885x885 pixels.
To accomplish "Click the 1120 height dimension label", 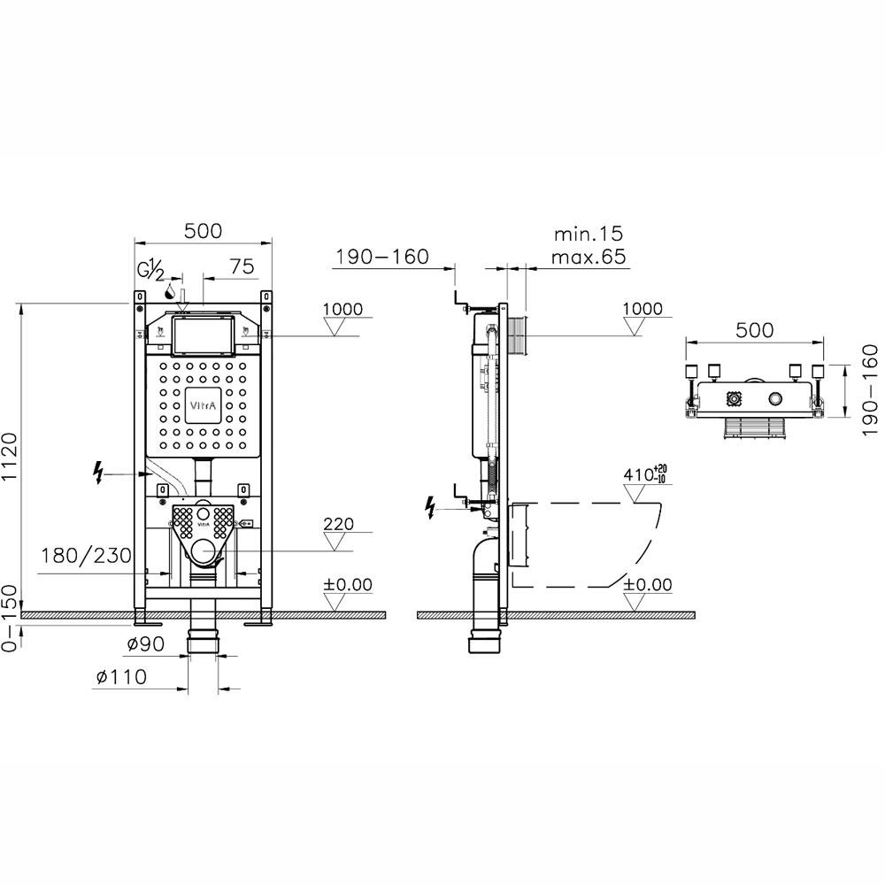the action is pyautogui.click(x=12, y=456).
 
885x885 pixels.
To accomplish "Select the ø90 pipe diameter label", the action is pyautogui.click(x=145, y=643).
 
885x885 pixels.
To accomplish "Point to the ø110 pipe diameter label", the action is pyautogui.click(x=120, y=676).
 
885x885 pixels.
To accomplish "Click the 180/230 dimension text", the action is pyautogui.click(x=86, y=556).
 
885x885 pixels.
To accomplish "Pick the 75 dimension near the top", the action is pyautogui.click(x=242, y=266).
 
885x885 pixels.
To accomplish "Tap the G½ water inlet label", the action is pyautogui.click(x=150, y=271).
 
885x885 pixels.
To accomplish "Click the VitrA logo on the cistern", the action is pyautogui.click(x=203, y=405).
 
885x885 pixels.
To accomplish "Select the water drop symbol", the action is pyautogui.click(x=169, y=292).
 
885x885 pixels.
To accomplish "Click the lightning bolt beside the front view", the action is pyautogui.click(x=99, y=473).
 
